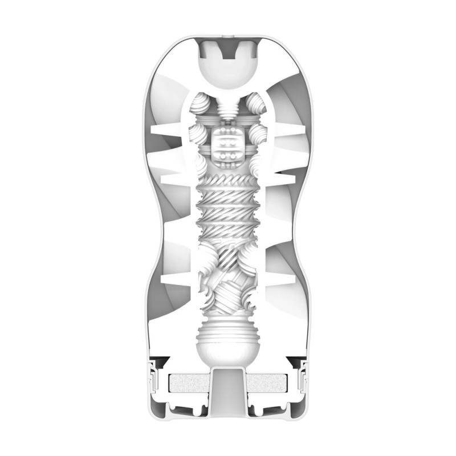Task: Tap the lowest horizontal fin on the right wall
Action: pyautogui.click(x=288, y=279)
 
